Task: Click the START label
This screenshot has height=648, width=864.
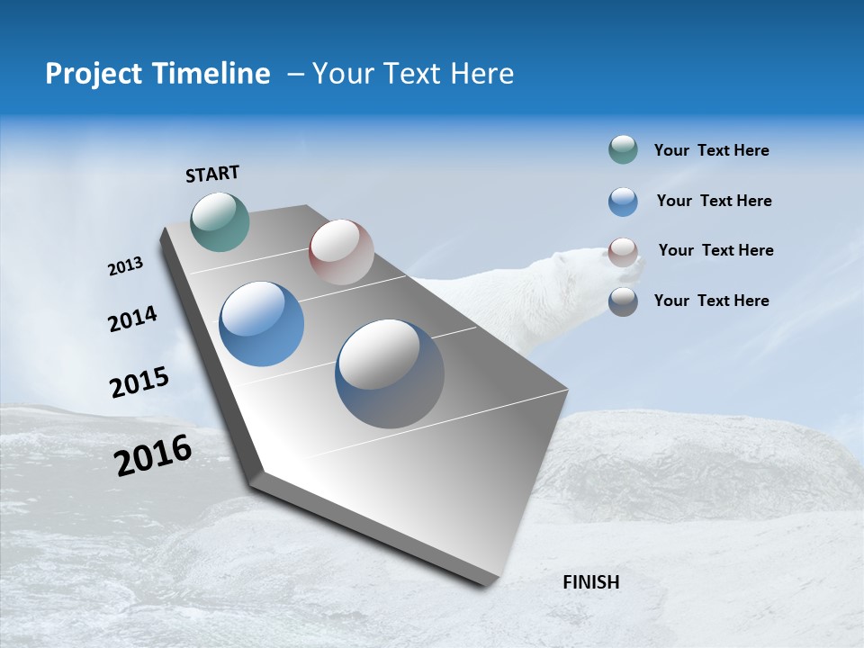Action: coord(212,174)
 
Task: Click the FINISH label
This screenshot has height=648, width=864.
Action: coord(590,582)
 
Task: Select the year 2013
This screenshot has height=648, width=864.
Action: coord(125,266)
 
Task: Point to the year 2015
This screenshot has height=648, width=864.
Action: coord(139,382)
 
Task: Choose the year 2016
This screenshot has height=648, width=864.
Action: coord(153,455)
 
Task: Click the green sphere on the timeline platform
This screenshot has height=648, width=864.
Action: coord(220,221)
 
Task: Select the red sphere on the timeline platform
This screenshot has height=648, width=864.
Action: coord(341,252)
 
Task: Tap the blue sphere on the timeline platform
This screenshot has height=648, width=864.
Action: coord(262,324)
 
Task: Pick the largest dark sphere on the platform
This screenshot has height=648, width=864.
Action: coord(390,373)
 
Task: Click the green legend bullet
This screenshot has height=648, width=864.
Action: coord(623,149)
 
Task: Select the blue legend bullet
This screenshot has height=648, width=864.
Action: coord(623,202)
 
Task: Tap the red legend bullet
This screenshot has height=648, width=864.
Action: coord(623,252)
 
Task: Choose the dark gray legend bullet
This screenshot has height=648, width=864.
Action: coord(623,301)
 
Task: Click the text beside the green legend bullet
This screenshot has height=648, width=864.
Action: coord(711,150)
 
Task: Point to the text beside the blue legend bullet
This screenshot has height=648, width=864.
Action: coord(714,201)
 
